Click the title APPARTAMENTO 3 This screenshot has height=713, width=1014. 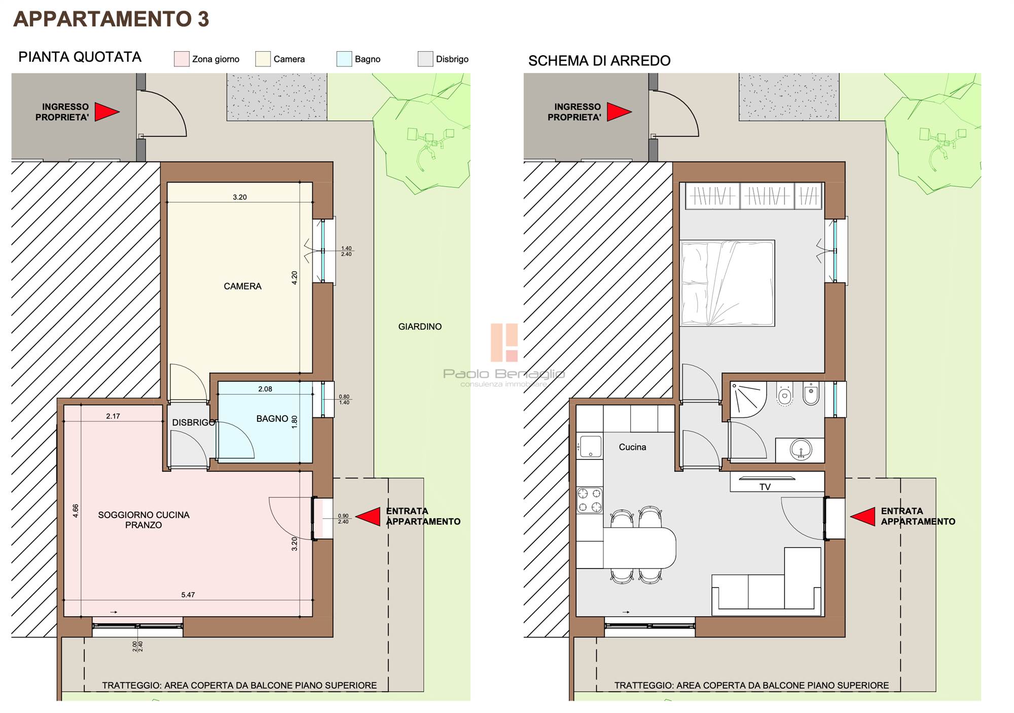[111, 19]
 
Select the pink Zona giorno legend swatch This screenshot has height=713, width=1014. [182, 59]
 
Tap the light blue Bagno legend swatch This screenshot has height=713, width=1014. [344, 59]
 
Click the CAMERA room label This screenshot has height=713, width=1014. [242, 286]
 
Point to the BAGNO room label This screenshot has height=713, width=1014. [272, 418]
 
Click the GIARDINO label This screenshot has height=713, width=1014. [420, 327]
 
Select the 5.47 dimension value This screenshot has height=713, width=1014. [188, 595]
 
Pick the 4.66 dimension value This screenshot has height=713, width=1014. [76, 510]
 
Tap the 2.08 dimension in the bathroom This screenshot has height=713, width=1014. [265, 389]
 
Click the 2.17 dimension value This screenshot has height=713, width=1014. [113, 416]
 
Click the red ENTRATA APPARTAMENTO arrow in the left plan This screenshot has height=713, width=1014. [368, 516]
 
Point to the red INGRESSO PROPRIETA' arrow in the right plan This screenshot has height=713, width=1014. [619, 112]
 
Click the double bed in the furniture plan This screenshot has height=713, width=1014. [728, 283]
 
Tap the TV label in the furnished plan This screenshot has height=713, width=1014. [765, 487]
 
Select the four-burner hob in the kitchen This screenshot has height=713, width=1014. [590, 500]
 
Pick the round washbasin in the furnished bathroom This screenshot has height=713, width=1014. [801, 449]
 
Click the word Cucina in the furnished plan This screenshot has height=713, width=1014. [632, 447]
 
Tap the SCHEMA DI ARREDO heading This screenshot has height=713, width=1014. [599, 61]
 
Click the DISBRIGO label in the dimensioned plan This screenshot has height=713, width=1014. [194, 422]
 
